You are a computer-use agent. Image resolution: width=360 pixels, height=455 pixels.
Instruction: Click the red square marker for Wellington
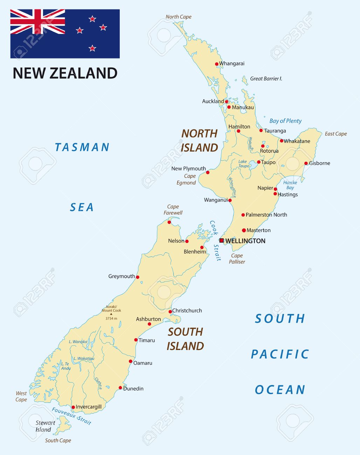(x=221, y=240)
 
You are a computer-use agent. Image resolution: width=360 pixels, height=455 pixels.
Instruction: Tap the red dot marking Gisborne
(x=306, y=163)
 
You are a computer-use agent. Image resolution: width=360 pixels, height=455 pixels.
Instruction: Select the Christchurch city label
(x=187, y=310)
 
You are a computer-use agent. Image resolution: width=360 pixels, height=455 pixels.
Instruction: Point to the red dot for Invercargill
(x=73, y=407)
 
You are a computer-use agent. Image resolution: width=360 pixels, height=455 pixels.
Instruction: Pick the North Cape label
(x=178, y=17)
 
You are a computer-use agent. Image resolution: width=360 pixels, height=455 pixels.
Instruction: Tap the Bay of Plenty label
(x=285, y=121)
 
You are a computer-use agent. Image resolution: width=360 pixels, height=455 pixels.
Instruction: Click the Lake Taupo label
(x=243, y=164)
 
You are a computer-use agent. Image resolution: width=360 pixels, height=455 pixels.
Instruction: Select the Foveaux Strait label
(x=71, y=416)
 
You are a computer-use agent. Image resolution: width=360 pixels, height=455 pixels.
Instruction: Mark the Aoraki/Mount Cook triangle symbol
(x=111, y=314)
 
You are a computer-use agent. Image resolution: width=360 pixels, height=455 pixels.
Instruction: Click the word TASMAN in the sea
(x=82, y=147)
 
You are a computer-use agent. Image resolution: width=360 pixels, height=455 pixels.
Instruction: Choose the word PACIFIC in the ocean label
(x=280, y=354)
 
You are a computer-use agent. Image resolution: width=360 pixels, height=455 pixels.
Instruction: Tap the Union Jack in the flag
(x=37, y=22)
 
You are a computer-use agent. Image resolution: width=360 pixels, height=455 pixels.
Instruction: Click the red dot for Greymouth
(x=137, y=277)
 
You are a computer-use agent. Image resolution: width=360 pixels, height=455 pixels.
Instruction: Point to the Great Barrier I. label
(x=266, y=79)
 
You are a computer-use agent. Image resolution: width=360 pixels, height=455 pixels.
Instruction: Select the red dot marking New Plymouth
(x=208, y=172)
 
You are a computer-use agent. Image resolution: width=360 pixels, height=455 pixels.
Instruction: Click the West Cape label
(x=21, y=397)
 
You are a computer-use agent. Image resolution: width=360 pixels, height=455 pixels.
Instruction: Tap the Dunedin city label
(x=133, y=388)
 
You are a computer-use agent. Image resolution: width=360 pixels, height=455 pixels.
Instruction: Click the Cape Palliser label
(x=237, y=259)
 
